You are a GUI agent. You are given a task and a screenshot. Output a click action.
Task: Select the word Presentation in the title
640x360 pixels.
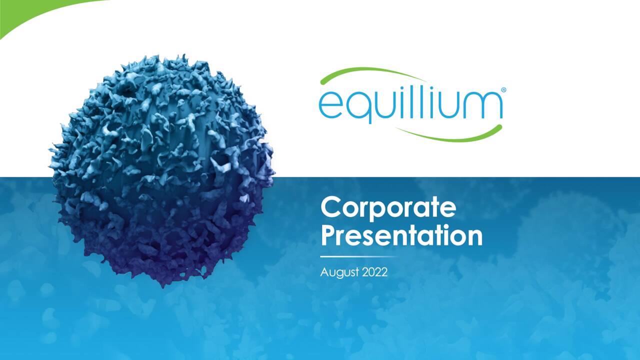pyautogui.click(x=401, y=235)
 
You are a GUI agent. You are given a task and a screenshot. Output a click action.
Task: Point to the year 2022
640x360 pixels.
pyautogui.click(x=374, y=272)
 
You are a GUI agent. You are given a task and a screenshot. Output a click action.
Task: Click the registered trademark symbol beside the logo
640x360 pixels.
pyautogui.click(x=503, y=90)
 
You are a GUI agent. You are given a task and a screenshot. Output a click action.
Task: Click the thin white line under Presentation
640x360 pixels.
pyautogui.click(x=357, y=256)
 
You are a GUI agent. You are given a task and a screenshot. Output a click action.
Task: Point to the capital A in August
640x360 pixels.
pyautogui.click(x=324, y=272)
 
